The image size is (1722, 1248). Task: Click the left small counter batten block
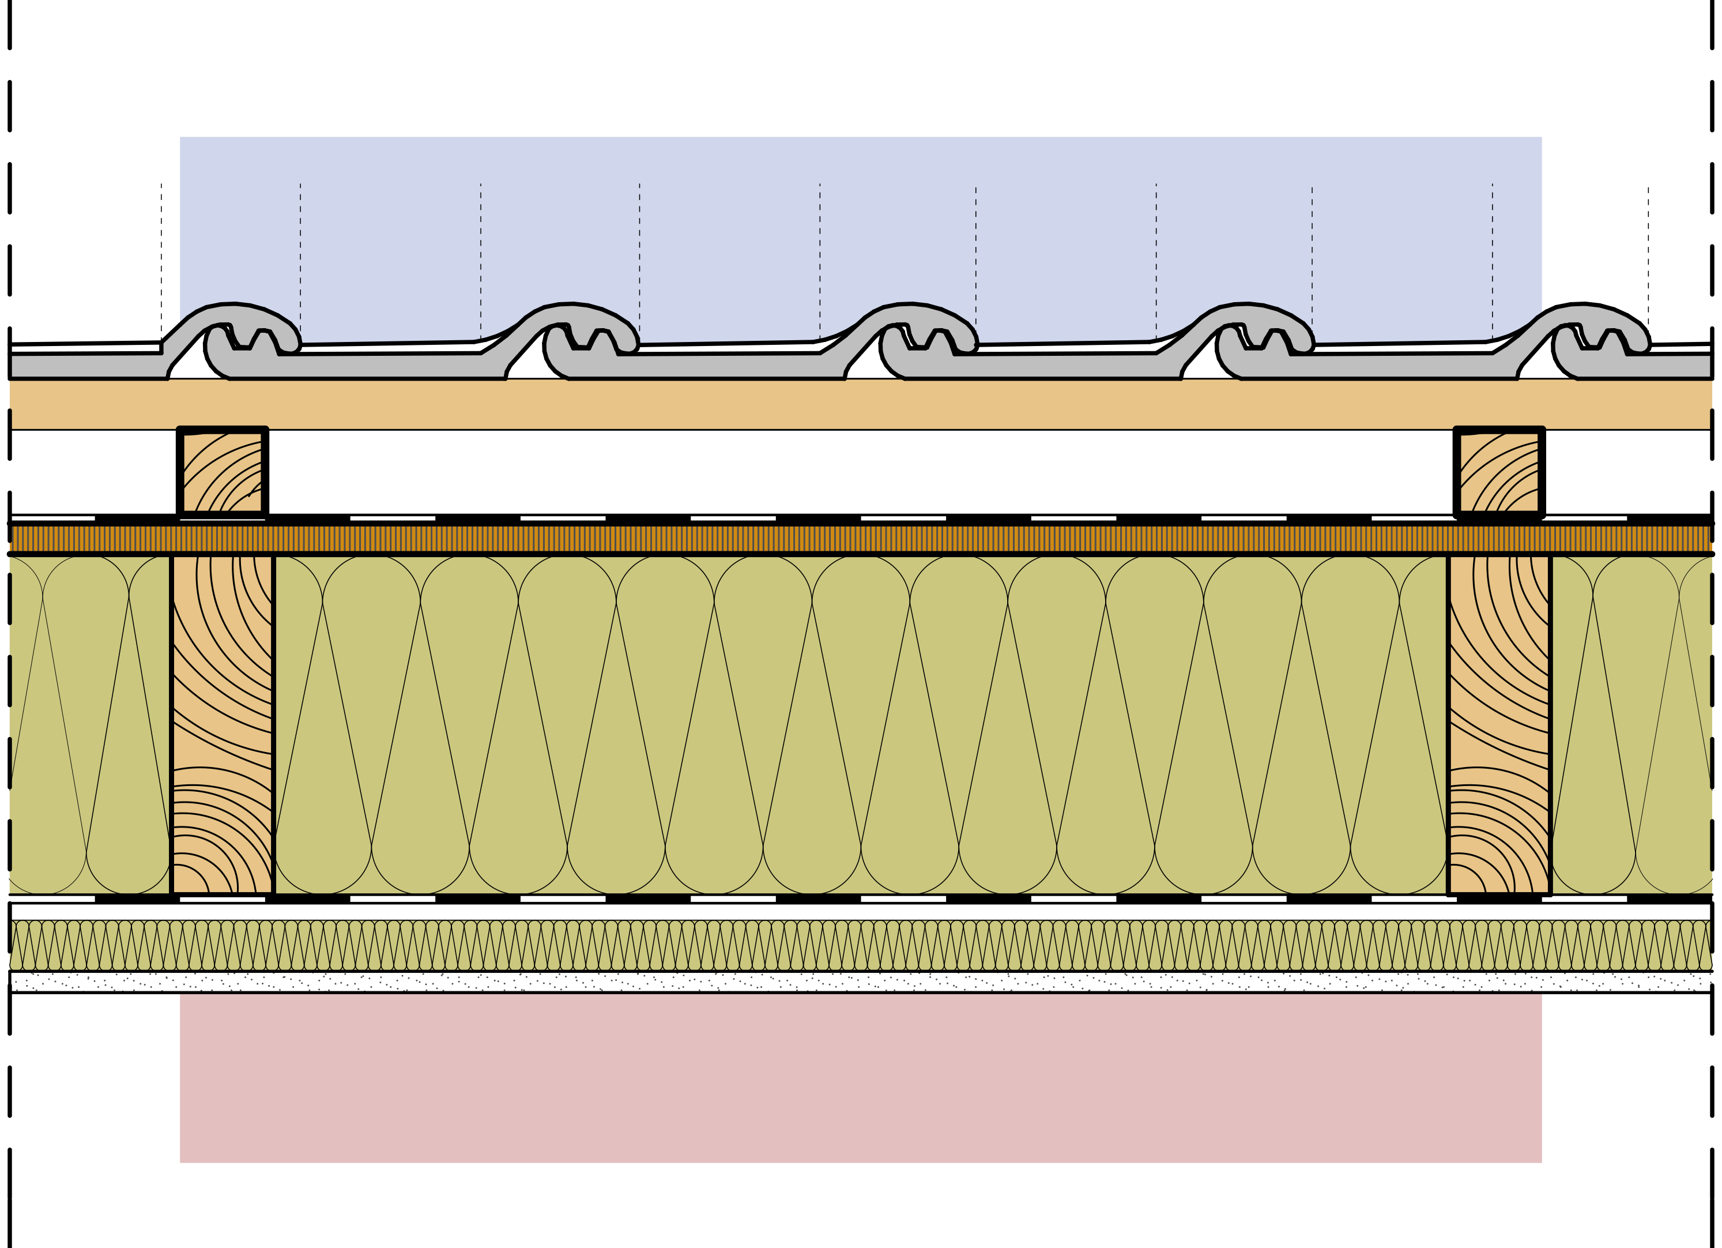(x=223, y=472)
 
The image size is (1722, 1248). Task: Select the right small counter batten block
(x=1499, y=472)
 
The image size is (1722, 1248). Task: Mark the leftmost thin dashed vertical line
(x=161, y=258)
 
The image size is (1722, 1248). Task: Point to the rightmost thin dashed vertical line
(x=1648, y=258)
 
